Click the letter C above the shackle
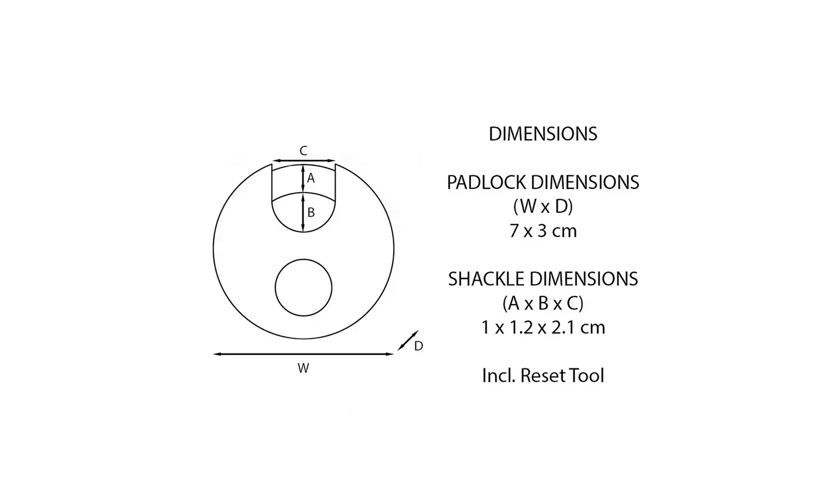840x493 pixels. pos(303,151)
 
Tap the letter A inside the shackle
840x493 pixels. pos(311,179)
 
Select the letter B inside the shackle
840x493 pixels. pos(311,213)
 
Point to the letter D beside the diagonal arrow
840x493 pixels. pos(418,346)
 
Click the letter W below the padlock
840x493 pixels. pos(303,368)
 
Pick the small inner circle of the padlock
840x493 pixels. pos(304,287)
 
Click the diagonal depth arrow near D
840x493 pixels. pos(408,341)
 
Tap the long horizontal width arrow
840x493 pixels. pos(304,354)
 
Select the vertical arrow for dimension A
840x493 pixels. pos(303,178)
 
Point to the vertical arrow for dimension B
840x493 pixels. pos(303,212)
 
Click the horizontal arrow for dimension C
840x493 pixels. pos(304,161)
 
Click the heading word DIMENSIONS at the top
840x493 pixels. pos(543,134)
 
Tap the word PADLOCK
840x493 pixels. pos(486,183)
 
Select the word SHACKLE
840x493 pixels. pos(486,279)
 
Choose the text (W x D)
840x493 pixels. pos(543,207)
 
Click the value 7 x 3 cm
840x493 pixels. pos(543,231)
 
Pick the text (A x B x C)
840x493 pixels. pos(543,303)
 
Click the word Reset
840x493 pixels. pos(543,375)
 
